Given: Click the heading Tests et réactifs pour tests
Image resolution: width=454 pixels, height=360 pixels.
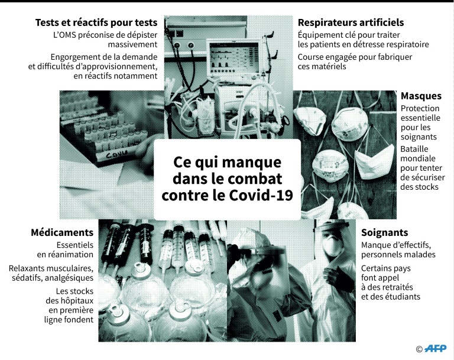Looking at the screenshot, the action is (x=96, y=22).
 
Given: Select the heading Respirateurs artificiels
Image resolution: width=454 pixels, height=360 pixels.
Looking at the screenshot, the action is (x=351, y=22).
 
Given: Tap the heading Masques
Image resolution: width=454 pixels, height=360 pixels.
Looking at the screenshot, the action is (x=421, y=96).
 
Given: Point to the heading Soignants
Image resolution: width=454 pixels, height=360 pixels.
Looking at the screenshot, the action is (x=384, y=232).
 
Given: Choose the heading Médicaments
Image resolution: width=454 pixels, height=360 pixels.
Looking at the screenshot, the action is (x=62, y=232).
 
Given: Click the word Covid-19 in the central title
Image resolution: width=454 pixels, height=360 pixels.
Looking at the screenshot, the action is (x=261, y=195).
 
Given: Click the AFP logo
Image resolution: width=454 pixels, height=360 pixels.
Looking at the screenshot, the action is (x=436, y=348).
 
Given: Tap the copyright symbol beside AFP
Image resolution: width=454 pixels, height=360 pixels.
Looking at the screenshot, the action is (x=419, y=349).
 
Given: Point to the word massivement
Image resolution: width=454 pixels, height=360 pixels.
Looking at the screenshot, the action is (x=132, y=44).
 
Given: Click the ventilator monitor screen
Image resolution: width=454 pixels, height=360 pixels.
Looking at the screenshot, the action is (x=234, y=57).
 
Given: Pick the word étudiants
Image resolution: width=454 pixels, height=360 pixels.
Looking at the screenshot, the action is (x=402, y=297).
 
